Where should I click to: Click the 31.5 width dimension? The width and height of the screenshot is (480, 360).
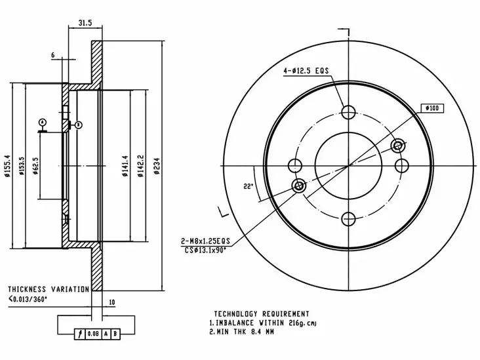pos(85,23)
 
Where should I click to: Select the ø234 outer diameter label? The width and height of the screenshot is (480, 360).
pos(157,166)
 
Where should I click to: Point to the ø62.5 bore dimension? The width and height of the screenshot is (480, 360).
pos(35,166)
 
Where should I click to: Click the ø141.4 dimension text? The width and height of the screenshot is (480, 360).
pos(125,166)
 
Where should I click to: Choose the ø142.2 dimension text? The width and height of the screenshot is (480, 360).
pos(140,166)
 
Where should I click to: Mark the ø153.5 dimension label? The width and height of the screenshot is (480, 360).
pos(22,166)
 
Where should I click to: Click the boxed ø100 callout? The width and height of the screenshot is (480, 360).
pos(432,108)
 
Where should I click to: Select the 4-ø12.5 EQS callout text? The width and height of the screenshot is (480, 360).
pos(306,71)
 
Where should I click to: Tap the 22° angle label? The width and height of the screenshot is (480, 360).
pos(249,186)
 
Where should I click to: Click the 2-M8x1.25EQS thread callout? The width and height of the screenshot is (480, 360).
pos(205,241)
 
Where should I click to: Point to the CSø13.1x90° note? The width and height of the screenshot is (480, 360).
pos(205,250)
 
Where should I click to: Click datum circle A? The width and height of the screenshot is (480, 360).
pos(42,123)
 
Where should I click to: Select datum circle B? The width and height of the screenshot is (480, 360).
pos(79,125)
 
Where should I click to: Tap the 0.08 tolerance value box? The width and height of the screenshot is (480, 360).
pos(93,334)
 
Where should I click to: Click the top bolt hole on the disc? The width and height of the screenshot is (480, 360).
pos(348,112)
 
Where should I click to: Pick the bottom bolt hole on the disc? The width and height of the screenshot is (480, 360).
pos(348,219)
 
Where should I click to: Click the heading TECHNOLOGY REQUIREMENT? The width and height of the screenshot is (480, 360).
pos(262,314)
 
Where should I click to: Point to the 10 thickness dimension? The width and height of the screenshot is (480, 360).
pos(112,302)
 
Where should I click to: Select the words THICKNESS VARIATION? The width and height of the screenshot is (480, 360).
pos(49,289)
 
